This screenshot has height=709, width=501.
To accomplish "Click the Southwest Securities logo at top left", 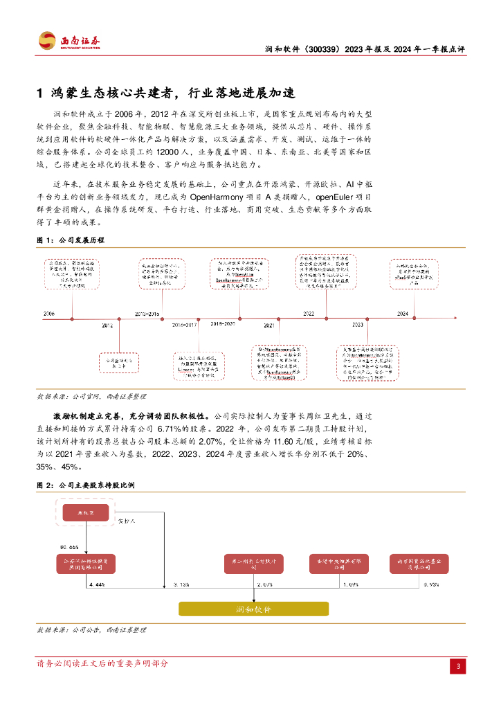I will click(x=69, y=41).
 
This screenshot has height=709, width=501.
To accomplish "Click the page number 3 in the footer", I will click(x=457, y=666).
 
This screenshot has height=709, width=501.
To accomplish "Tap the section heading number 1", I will click(x=40, y=93).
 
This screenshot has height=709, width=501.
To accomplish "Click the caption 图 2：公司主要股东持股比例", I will click(x=85, y=485).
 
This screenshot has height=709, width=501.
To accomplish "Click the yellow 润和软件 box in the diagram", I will click(x=254, y=609).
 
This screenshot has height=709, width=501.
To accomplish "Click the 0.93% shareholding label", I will click(x=430, y=585).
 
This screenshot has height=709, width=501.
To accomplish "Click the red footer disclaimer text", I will click(x=102, y=663).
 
